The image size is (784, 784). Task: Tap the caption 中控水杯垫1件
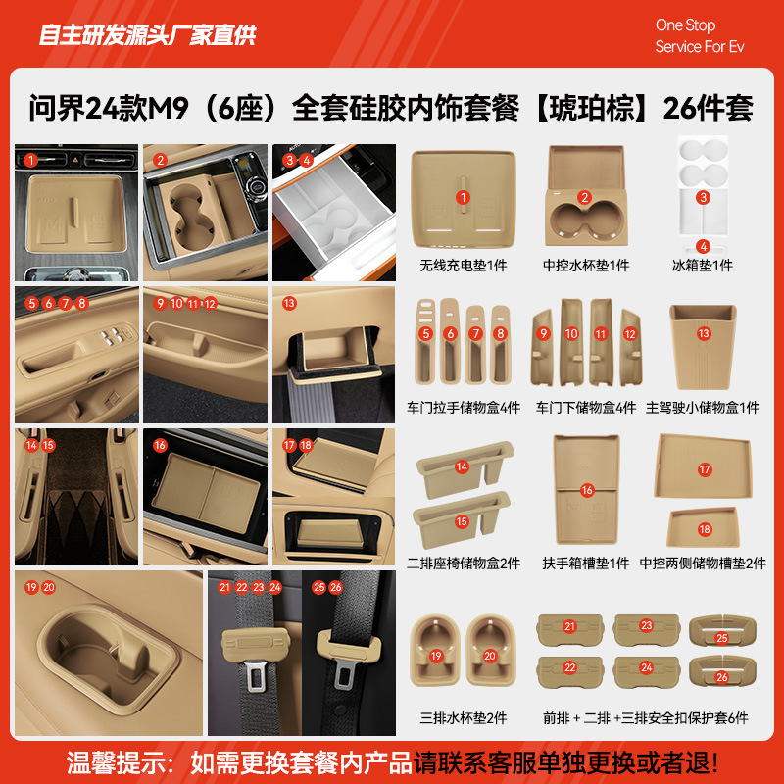click(586, 266)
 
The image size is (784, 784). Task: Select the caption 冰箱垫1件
click(702, 266)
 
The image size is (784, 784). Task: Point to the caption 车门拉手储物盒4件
click(464, 407)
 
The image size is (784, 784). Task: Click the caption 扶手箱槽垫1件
click(586, 563)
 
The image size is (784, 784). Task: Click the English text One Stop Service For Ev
click(699, 36)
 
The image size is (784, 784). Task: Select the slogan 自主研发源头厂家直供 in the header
click(147, 35)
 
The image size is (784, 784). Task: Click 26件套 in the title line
click(708, 108)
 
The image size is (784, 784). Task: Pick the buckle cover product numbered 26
click(721, 674)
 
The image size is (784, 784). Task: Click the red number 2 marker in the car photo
click(161, 160)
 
